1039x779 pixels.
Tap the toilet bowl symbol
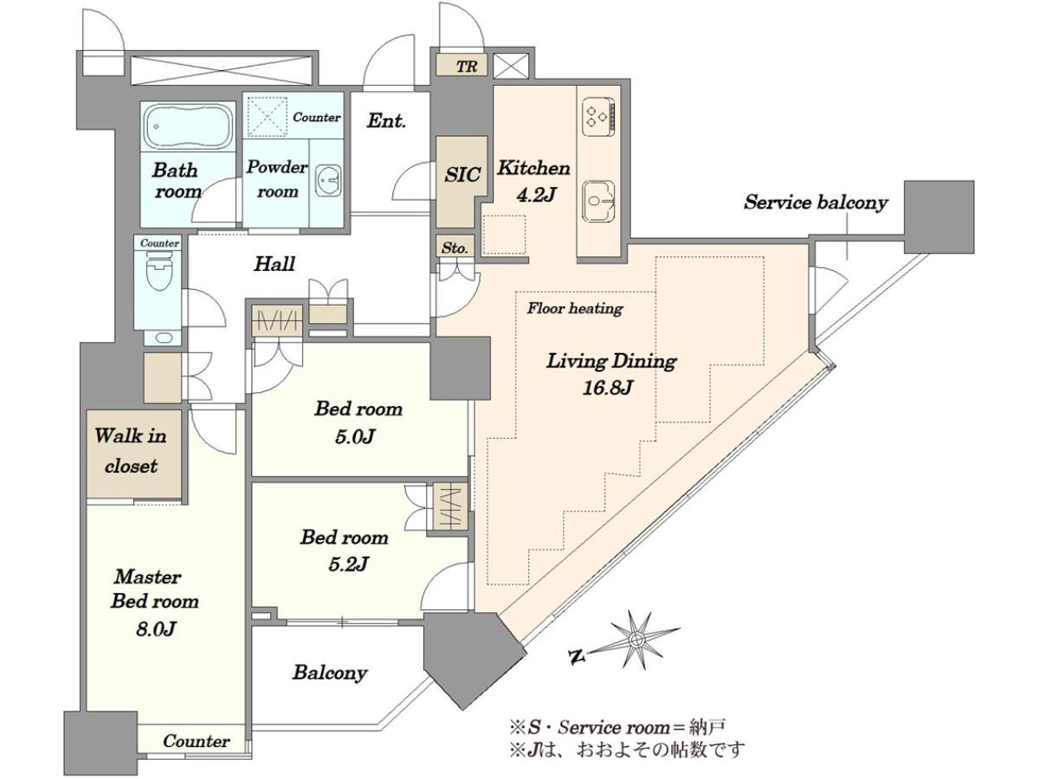[x=158, y=271]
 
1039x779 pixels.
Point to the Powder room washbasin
[x=327, y=180]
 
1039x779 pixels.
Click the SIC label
[x=462, y=175]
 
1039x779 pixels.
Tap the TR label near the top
[x=466, y=67]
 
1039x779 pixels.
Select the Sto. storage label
[x=455, y=248]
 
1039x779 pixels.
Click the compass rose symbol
[x=635, y=641]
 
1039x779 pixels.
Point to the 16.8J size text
[x=607, y=388]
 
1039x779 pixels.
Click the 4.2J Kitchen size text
[x=534, y=195]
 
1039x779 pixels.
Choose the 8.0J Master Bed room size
[x=157, y=629]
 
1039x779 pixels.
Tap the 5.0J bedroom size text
[x=355, y=436]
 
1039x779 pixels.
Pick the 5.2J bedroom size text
[x=348, y=563]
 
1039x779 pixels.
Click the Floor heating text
[x=575, y=309]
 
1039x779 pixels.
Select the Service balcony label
[x=816, y=203]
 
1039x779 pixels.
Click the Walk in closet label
[x=131, y=451]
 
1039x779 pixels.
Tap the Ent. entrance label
[x=387, y=120]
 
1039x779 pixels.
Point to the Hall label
[x=274, y=263]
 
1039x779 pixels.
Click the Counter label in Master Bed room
[x=197, y=741]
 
